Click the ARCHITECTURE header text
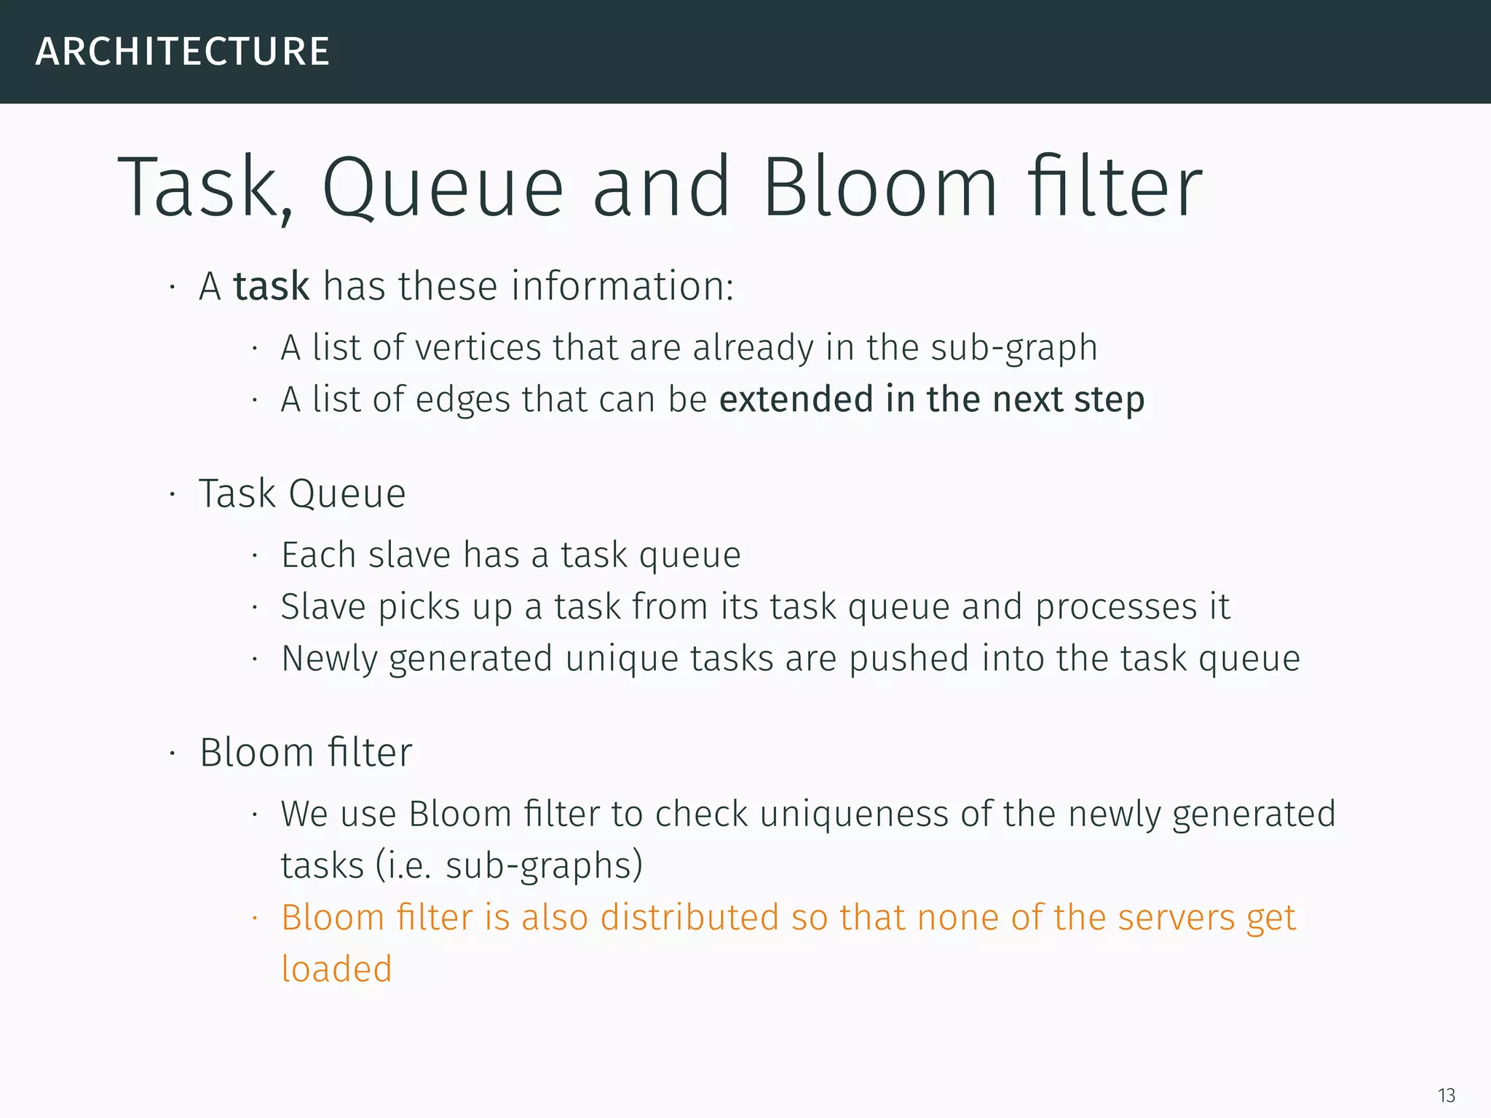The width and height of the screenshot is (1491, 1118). click(x=182, y=52)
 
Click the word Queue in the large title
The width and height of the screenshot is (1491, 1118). click(x=443, y=188)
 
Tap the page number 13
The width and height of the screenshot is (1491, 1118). click(x=1446, y=1095)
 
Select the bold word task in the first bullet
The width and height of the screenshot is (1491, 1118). click(x=272, y=286)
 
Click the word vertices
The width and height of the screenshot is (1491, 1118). click(x=478, y=347)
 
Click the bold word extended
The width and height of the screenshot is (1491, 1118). click(x=796, y=399)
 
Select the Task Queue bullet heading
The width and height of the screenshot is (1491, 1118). click(x=302, y=494)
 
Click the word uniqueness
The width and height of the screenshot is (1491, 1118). click(x=853, y=814)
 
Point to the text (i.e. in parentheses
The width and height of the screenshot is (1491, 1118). click(x=404, y=866)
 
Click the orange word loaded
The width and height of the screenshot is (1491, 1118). click(x=336, y=969)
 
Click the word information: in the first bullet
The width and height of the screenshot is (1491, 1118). click(x=622, y=286)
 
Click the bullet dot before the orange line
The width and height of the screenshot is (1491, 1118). click(x=255, y=919)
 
